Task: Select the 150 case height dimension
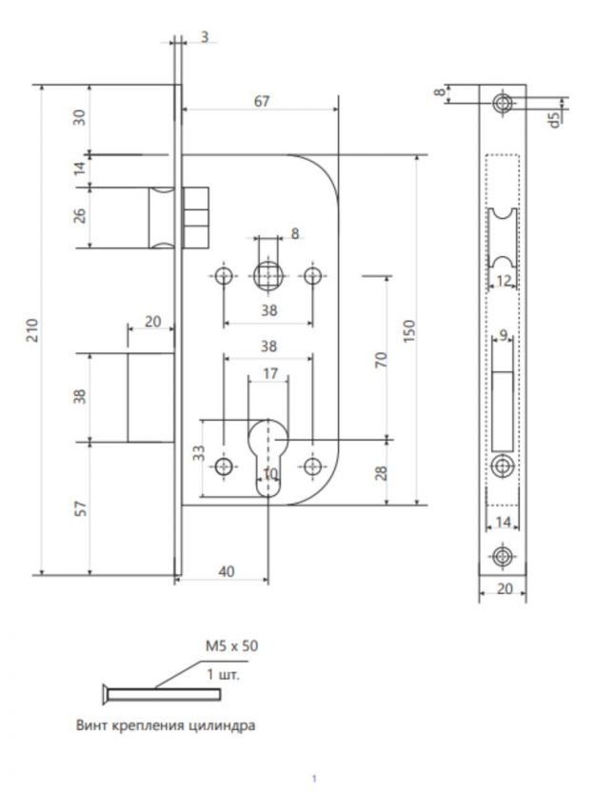tap(410, 330)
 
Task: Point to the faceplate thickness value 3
tap(206, 37)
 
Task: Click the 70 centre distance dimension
tap(380, 360)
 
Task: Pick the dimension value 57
tap(80, 509)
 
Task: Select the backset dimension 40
tap(227, 571)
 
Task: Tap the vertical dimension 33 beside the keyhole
tap(198, 453)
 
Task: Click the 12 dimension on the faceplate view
tap(504, 280)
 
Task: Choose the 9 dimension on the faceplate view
tap(505, 334)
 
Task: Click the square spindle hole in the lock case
tap(269, 277)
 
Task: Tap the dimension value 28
tap(380, 473)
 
